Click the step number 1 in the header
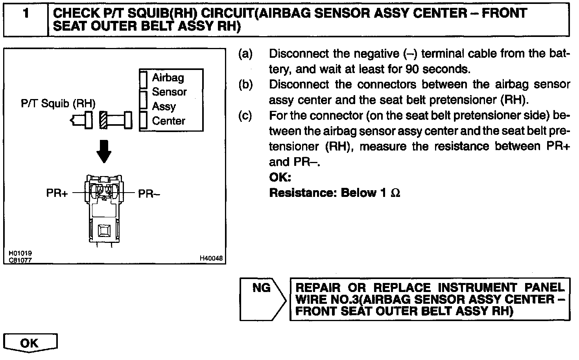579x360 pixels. (x=26, y=14)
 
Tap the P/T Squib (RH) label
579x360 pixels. (x=58, y=104)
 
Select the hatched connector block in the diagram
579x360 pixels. (x=103, y=120)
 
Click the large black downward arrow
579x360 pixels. (x=104, y=151)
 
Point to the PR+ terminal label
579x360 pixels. (x=57, y=193)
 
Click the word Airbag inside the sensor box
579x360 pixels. (x=168, y=77)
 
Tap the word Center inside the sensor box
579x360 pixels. (x=168, y=121)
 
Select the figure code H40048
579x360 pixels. (x=211, y=258)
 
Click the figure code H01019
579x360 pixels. (x=20, y=253)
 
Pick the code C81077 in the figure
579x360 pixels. (x=20, y=260)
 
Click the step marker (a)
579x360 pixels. (x=245, y=54)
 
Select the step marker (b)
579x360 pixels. (x=245, y=84)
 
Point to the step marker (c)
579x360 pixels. (x=245, y=116)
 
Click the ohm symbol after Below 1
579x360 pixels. (x=395, y=193)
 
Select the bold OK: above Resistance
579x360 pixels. (x=280, y=178)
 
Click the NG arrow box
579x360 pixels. (x=263, y=299)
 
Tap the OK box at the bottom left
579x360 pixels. (x=30, y=343)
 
